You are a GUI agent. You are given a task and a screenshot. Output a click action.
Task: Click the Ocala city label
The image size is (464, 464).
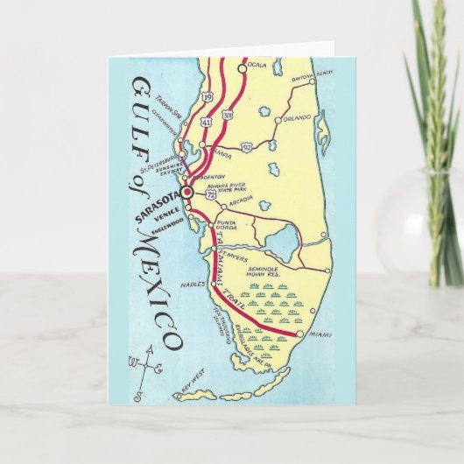pyautogui.click(x=258, y=65)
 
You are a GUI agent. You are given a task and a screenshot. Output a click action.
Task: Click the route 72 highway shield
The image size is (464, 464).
pyautogui.click(x=212, y=200)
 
